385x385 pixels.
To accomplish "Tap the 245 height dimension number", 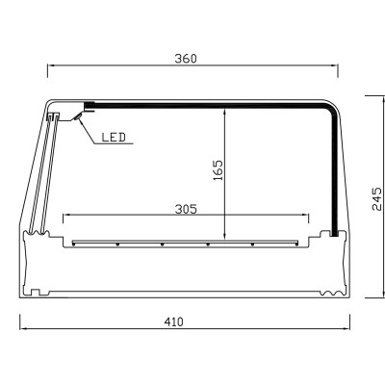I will click(x=376, y=198).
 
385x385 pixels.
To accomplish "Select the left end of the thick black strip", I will click(x=88, y=104).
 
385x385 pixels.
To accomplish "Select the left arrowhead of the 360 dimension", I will click(x=49, y=66).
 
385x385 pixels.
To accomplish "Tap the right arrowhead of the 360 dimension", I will click(x=338, y=66).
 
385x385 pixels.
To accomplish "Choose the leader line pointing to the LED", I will click(x=87, y=131).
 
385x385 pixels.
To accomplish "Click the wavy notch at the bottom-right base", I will click(x=332, y=289).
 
